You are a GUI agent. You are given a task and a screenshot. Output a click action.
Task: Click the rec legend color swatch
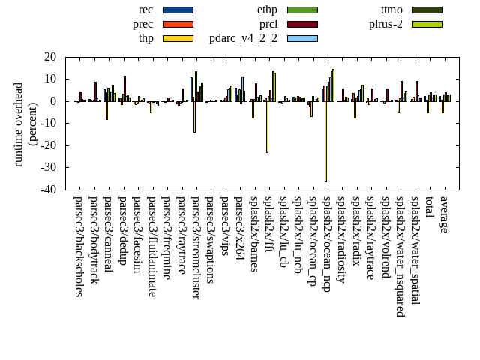178,10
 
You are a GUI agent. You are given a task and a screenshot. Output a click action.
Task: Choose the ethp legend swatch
302,10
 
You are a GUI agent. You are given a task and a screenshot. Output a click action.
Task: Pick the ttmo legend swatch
426,10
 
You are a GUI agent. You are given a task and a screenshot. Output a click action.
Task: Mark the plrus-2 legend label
385,24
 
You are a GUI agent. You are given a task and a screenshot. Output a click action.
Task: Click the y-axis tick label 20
51,57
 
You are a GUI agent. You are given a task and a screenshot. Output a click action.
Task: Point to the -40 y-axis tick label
49,190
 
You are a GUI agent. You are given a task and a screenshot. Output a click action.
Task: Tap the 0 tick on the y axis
54,101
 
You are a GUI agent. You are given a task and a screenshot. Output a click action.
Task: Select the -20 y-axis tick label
49,145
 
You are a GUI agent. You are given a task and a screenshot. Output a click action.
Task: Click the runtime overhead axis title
25,124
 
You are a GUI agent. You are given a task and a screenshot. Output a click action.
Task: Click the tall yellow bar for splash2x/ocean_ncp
325,142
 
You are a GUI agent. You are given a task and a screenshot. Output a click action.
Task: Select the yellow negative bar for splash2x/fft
267,127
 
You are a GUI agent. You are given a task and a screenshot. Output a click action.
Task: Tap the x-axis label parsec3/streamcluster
196,247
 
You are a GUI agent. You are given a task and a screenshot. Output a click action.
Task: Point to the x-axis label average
444,214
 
